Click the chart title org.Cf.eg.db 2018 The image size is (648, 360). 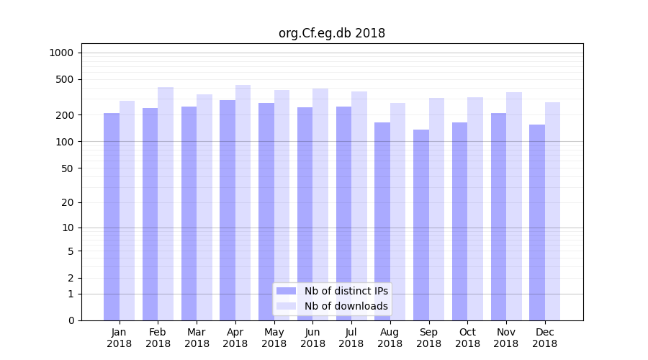click(x=332, y=33)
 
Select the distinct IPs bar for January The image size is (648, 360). click(x=112, y=216)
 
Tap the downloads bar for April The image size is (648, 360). click(x=243, y=202)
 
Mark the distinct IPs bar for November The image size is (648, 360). click(x=499, y=216)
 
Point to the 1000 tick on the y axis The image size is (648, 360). click(x=61, y=53)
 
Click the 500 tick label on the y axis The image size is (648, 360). click(x=65, y=79)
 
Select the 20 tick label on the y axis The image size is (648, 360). click(x=67, y=202)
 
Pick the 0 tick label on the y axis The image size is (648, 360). click(x=71, y=320)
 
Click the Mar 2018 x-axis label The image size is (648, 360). click(x=197, y=338)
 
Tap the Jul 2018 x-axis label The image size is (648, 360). click(x=351, y=338)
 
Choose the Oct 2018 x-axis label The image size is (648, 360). click(x=467, y=338)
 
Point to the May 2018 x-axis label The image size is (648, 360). click(x=274, y=338)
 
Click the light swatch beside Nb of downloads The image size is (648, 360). click(x=287, y=306)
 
